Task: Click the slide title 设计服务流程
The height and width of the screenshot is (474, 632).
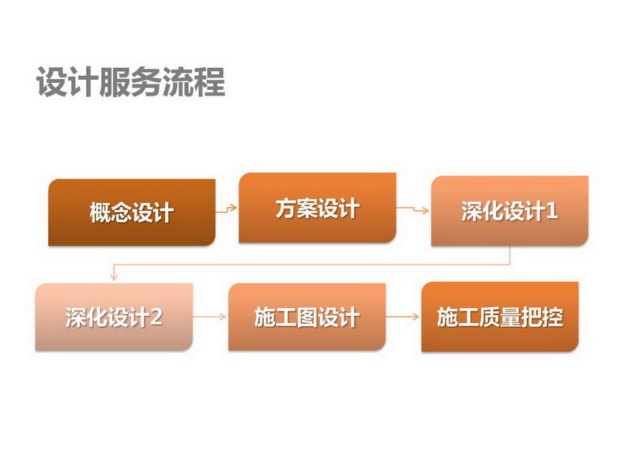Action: [x=130, y=82]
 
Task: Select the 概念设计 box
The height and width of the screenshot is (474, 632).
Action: [x=132, y=213]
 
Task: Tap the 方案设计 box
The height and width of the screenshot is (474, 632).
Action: [x=318, y=208]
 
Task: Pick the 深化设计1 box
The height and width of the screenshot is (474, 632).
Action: [x=510, y=211]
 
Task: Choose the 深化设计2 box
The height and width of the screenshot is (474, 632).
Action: [x=114, y=318]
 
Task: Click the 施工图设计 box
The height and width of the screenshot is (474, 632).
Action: [x=307, y=318]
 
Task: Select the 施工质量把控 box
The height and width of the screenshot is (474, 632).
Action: [x=500, y=317]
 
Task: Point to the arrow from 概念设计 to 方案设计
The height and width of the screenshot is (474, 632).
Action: [x=227, y=209]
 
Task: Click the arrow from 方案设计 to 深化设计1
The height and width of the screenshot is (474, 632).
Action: [x=412, y=209]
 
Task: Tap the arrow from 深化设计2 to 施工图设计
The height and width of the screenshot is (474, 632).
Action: [x=210, y=317]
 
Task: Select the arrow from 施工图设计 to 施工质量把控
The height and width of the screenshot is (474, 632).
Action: [x=403, y=317]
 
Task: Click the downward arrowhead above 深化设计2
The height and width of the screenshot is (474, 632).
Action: [x=114, y=277]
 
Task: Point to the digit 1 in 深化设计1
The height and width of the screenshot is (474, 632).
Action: [x=552, y=211]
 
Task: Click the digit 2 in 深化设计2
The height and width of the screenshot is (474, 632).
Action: [x=156, y=318]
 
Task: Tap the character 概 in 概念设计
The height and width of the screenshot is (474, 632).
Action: [x=100, y=213]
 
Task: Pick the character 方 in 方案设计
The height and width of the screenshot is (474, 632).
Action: [x=286, y=209]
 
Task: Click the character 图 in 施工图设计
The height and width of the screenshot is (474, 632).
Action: [x=307, y=318]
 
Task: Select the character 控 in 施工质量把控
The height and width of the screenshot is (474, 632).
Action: [x=552, y=317]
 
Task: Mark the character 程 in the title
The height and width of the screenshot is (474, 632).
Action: [x=209, y=82]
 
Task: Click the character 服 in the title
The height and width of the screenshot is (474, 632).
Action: [x=115, y=82]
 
